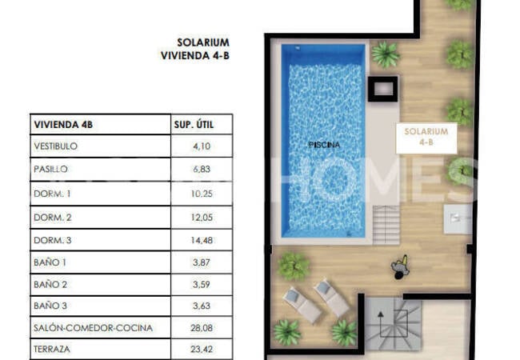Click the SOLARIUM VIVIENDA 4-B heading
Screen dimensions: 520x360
pyautogui.click(x=195, y=49)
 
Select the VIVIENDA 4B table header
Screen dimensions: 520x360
pyautogui.click(x=63, y=125)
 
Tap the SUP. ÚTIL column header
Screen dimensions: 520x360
pyautogui.click(x=194, y=125)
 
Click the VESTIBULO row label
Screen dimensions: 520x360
pyautogui.click(x=55, y=146)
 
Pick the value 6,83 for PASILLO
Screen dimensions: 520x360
pyautogui.click(x=202, y=169)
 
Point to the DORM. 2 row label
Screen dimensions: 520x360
pyautogui.click(x=52, y=218)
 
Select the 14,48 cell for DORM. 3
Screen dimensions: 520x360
pyautogui.click(x=202, y=240)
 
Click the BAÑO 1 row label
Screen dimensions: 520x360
pyautogui.click(x=50, y=262)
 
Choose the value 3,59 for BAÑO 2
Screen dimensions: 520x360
pyautogui.click(x=202, y=284)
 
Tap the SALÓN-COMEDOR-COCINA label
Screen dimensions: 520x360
pyautogui.click(x=93, y=328)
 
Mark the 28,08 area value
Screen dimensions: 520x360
pyautogui.click(x=202, y=328)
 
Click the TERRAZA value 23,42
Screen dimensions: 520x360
pyautogui.click(x=202, y=349)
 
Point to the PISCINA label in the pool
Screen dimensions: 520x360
pyautogui.click(x=324, y=145)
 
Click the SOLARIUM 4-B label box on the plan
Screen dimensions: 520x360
pyautogui.click(x=426, y=138)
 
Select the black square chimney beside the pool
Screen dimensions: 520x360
pyautogui.click(x=383, y=89)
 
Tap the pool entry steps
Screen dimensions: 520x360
pyautogui.click(x=386, y=225)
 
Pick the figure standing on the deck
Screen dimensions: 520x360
pyautogui.click(x=400, y=266)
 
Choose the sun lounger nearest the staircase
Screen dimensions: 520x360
pyautogui.click(x=332, y=298)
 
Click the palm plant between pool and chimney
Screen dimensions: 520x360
pyautogui.click(x=385, y=54)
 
